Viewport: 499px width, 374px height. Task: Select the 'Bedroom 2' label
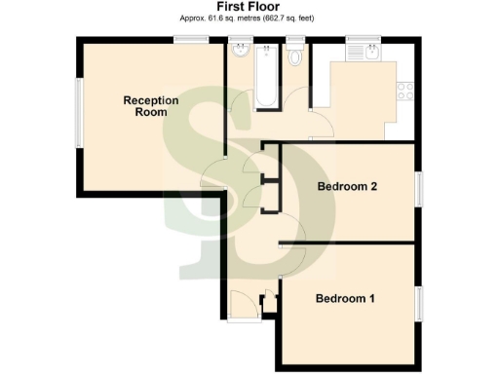coord(348,187)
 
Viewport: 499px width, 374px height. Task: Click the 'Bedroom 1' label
coord(345,298)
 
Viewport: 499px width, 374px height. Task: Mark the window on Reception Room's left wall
coord(79,113)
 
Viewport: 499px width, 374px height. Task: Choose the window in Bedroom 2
coord(421,188)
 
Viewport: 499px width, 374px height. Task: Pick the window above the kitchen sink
coord(360,39)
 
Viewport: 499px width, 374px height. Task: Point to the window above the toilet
coord(295,39)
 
